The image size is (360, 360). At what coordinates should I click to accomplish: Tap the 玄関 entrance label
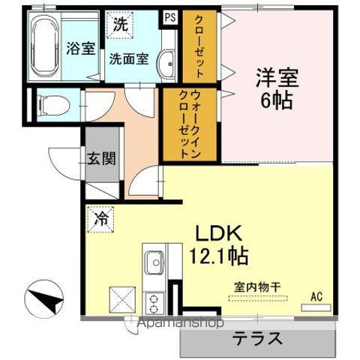(99, 158)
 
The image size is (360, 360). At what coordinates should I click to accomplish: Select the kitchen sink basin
(155, 264)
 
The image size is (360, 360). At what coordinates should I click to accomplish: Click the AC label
(316, 297)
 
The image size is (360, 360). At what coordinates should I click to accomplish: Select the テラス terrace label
(257, 337)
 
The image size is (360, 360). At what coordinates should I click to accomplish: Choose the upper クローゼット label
(201, 46)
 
